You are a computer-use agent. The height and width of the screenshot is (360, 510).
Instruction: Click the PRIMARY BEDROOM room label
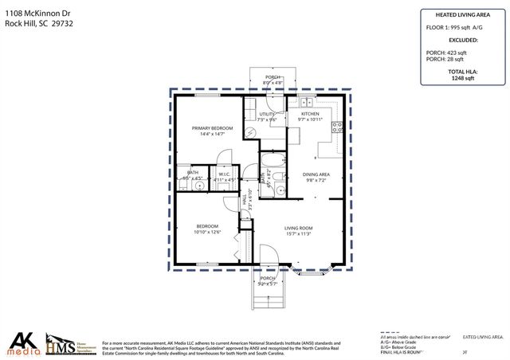212,128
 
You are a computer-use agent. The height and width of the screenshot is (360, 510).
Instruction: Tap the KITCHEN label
311,114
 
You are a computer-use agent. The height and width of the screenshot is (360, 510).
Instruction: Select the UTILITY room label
267,114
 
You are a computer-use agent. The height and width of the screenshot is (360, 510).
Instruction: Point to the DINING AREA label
316,174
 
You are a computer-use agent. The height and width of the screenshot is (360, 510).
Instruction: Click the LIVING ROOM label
299,229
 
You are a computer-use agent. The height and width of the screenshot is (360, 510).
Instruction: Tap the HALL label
245,203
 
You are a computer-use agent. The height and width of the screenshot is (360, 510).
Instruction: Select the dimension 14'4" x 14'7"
212,135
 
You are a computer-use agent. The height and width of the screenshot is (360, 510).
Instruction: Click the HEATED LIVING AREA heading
461,14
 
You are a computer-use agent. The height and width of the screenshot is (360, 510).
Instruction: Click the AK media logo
22,343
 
